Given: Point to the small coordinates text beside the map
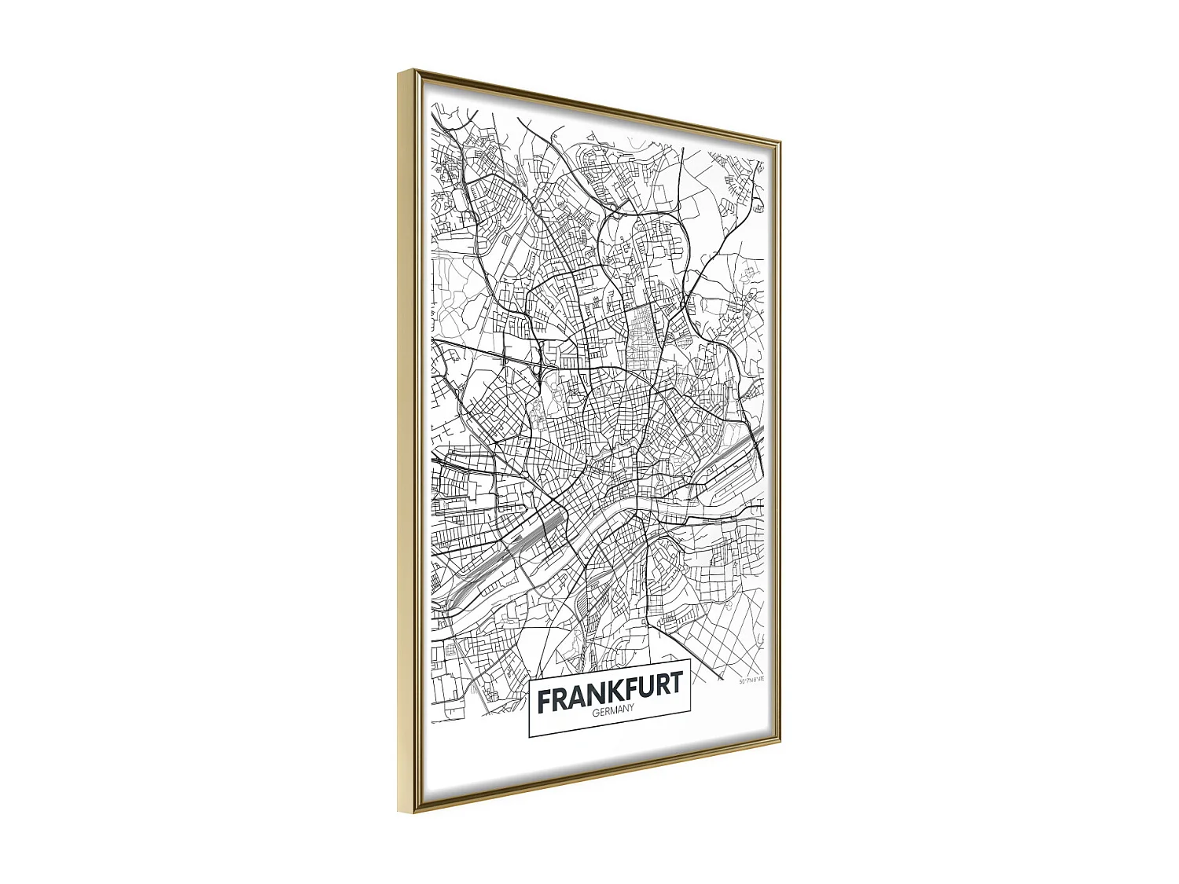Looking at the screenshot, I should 751,680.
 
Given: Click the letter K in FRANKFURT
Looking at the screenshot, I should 619,693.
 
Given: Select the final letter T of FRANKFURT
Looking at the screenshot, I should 674,685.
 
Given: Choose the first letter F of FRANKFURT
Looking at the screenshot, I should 544,702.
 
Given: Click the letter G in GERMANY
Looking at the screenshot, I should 596,714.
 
